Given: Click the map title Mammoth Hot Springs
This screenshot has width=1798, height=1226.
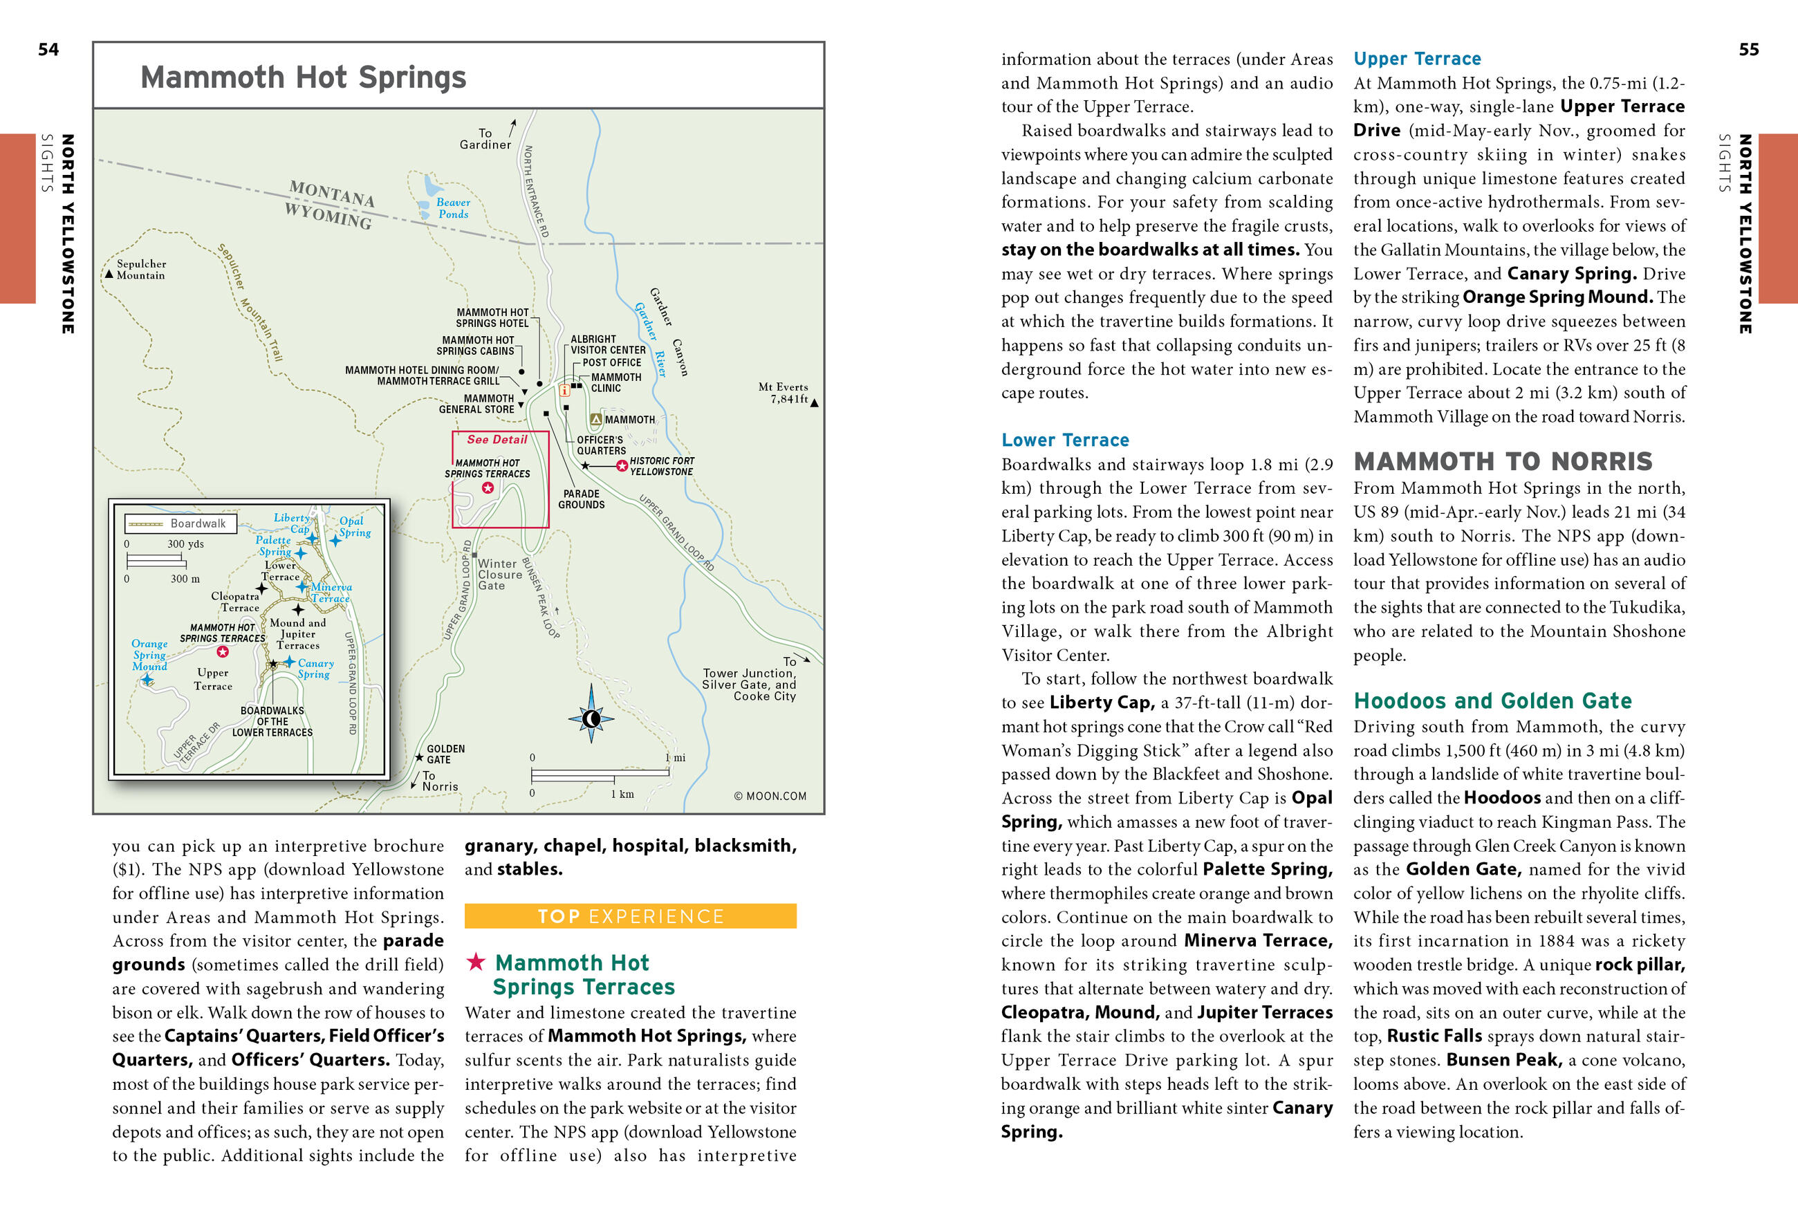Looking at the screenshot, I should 304,77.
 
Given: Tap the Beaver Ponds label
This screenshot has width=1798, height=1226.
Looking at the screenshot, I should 452,208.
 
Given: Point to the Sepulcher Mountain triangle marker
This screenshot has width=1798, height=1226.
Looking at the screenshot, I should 109,275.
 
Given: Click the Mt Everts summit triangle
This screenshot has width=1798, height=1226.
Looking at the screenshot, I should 814,402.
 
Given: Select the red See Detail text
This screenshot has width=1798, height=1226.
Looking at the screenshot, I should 497,439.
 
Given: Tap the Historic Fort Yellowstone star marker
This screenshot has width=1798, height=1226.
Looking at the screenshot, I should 621,465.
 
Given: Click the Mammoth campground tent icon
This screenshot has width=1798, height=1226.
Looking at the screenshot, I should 595,419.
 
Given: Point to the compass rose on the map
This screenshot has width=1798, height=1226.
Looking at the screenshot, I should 591,718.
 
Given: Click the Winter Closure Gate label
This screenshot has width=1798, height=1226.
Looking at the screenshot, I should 500,575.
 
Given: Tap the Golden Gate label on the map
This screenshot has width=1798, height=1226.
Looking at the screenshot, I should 445,754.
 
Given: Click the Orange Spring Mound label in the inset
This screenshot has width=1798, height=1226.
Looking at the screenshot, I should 149,654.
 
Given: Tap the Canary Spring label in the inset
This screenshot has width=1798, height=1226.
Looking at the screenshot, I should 315,668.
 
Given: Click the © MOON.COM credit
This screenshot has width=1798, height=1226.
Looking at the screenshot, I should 770,796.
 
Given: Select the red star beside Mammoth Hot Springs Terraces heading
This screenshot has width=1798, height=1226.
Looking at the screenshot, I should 476,963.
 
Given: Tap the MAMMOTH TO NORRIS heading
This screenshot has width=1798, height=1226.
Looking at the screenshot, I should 1503,462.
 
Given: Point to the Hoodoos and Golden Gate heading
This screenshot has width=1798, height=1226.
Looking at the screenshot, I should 1492,700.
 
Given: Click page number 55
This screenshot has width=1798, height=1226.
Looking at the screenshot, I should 1748,50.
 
